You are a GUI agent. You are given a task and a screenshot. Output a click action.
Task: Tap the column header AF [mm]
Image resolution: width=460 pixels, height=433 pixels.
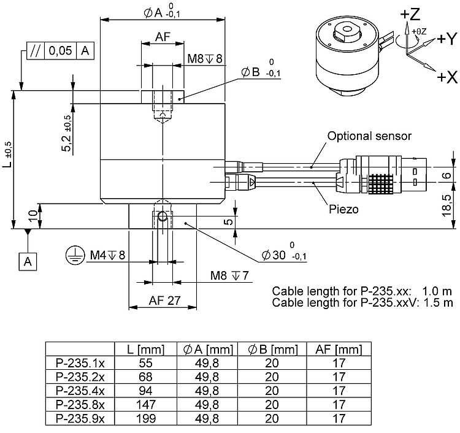(338, 350)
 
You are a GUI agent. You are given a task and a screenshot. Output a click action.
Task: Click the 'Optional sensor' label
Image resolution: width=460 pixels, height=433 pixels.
(369, 136)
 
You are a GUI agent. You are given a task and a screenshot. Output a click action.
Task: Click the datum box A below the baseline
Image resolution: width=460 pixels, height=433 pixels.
(28, 261)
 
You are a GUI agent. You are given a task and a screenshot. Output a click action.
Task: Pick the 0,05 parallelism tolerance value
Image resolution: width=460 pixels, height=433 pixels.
(60, 51)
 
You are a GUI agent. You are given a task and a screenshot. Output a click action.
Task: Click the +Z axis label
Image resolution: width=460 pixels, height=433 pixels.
(410, 13)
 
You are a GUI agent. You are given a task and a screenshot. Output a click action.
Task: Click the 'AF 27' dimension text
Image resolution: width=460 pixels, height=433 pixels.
(162, 300)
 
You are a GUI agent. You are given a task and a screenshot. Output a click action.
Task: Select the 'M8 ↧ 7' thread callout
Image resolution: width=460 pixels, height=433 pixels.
(230, 275)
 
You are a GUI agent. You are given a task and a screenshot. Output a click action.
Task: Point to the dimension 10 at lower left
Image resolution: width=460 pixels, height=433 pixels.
(33, 215)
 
